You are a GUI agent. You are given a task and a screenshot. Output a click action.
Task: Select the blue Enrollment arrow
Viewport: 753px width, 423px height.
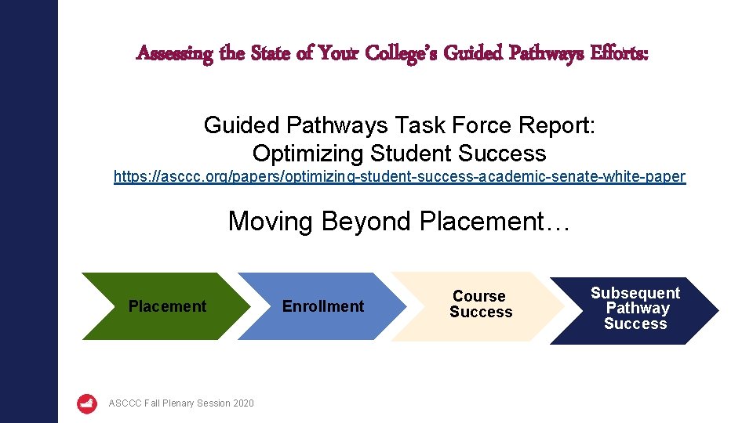pos(322,306)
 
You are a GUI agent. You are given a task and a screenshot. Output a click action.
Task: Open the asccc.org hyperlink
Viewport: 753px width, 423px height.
pos(399,177)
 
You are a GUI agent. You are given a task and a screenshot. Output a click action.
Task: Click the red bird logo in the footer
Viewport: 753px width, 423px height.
pos(87,403)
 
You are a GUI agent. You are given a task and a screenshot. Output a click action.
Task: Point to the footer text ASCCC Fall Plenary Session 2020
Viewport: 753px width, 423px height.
pos(181,403)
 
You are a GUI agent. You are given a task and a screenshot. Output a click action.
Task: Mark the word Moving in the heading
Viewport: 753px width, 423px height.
pos(270,222)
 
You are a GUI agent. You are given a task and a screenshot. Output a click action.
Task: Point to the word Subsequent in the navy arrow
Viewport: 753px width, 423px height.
pos(635,293)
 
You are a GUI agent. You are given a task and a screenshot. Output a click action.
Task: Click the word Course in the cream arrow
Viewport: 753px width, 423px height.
pos(479,296)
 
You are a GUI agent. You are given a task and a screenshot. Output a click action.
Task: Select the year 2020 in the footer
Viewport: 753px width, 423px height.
pos(243,403)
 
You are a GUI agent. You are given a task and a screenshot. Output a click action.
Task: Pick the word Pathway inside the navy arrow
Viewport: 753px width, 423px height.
pos(637,309)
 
